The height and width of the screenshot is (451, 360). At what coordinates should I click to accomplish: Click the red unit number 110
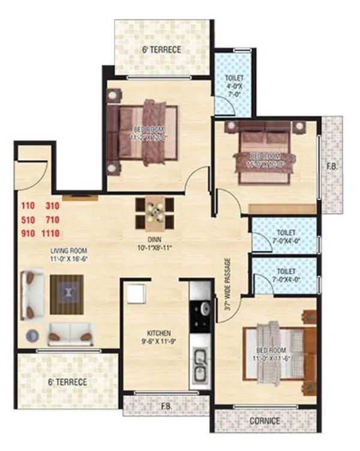click(28, 206)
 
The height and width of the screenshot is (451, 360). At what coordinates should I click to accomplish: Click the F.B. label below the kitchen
click(166, 405)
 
